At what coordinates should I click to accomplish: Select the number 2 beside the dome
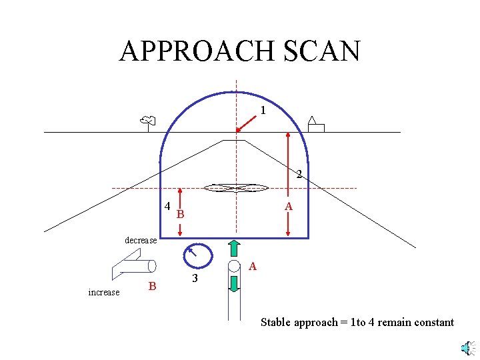coord(299,175)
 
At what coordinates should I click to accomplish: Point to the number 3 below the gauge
coord(195,278)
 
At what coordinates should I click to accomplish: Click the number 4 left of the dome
coord(167,206)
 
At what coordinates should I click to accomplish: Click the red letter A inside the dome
coord(288,207)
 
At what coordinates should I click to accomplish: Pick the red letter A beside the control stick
coord(252,267)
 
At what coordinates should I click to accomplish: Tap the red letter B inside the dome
coord(180,215)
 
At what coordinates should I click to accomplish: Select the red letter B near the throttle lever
coord(152,287)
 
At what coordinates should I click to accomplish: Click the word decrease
coord(141,240)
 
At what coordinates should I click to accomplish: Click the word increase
coord(104,292)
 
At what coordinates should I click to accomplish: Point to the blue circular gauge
coord(197,255)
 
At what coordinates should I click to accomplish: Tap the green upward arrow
coord(234,247)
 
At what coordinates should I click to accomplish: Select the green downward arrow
coord(234,283)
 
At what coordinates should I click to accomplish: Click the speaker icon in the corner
coord(468,347)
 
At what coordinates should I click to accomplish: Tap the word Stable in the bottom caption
coord(276,323)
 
